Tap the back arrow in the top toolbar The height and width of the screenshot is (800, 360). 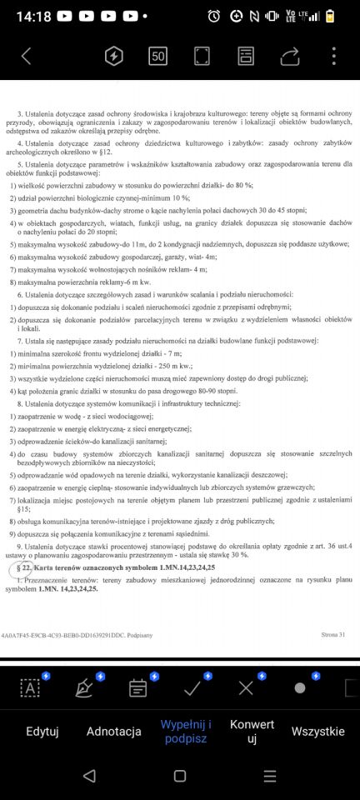[x=26, y=56]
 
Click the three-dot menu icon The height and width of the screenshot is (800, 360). [x=333, y=56]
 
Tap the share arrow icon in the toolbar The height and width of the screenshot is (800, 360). [x=289, y=56]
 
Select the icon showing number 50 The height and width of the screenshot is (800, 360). [x=157, y=56]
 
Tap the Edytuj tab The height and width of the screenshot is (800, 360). [x=42, y=731]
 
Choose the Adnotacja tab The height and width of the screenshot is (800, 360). [x=113, y=731]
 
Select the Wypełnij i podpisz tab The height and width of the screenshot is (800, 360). [x=186, y=731]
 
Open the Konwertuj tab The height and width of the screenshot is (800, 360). [x=251, y=731]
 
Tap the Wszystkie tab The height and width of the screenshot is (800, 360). [x=317, y=731]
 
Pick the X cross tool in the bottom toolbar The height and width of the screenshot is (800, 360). [x=246, y=687]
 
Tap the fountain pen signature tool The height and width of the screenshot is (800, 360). [x=84, y=687]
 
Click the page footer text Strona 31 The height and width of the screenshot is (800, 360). [x=332, y=634]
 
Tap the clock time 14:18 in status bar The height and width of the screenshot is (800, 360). [x=33, y=16]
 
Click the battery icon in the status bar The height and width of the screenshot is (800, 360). [x=330, y=16]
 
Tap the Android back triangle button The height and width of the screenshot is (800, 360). [x=89, y=776]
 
